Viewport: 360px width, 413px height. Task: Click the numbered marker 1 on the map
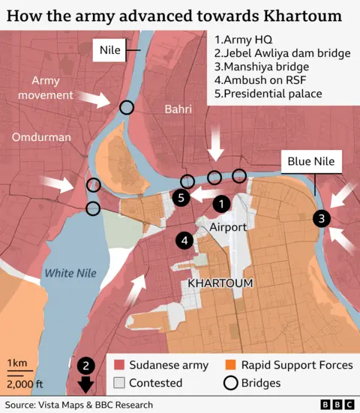point(222,203)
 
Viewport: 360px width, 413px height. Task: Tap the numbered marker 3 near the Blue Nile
point(321,219)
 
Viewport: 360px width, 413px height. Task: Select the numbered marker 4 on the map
point(184,240)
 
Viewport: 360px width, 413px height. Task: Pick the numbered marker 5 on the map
point(180,198)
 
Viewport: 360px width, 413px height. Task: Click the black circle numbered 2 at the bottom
point(86,366)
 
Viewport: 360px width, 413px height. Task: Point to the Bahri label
point(177,110)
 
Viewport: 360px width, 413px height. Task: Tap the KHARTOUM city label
point(220,283)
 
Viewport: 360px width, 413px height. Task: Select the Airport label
point(228,226)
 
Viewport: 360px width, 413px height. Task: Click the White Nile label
point(69,273)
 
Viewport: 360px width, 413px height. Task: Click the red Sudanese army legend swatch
point(119,365)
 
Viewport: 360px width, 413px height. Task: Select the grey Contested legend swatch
point(119,383)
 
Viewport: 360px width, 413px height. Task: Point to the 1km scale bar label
point(17,364)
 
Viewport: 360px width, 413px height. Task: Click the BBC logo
point(338,405)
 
